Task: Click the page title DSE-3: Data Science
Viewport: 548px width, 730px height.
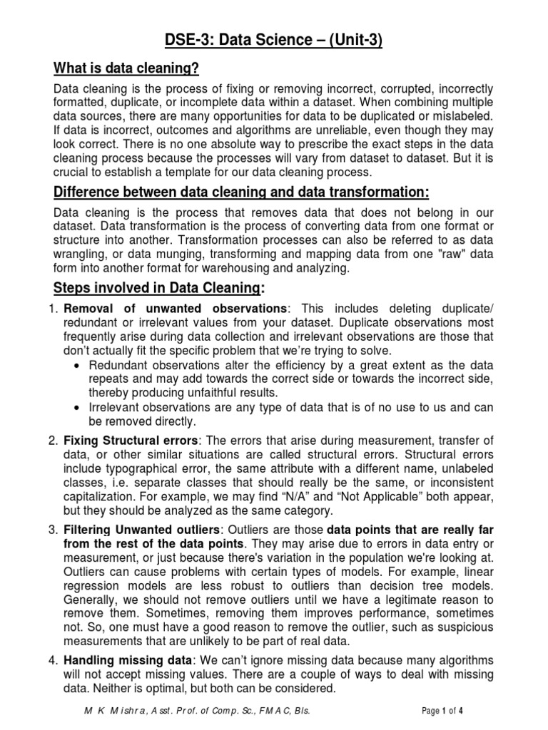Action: click(274, 41)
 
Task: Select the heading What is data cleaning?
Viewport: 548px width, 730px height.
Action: click(126, 68)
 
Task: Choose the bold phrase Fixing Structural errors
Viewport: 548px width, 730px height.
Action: click(130, 440)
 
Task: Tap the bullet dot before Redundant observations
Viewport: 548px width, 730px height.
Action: click(78, 365)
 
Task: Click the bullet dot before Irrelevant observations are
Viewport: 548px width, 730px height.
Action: click(78, 407)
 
